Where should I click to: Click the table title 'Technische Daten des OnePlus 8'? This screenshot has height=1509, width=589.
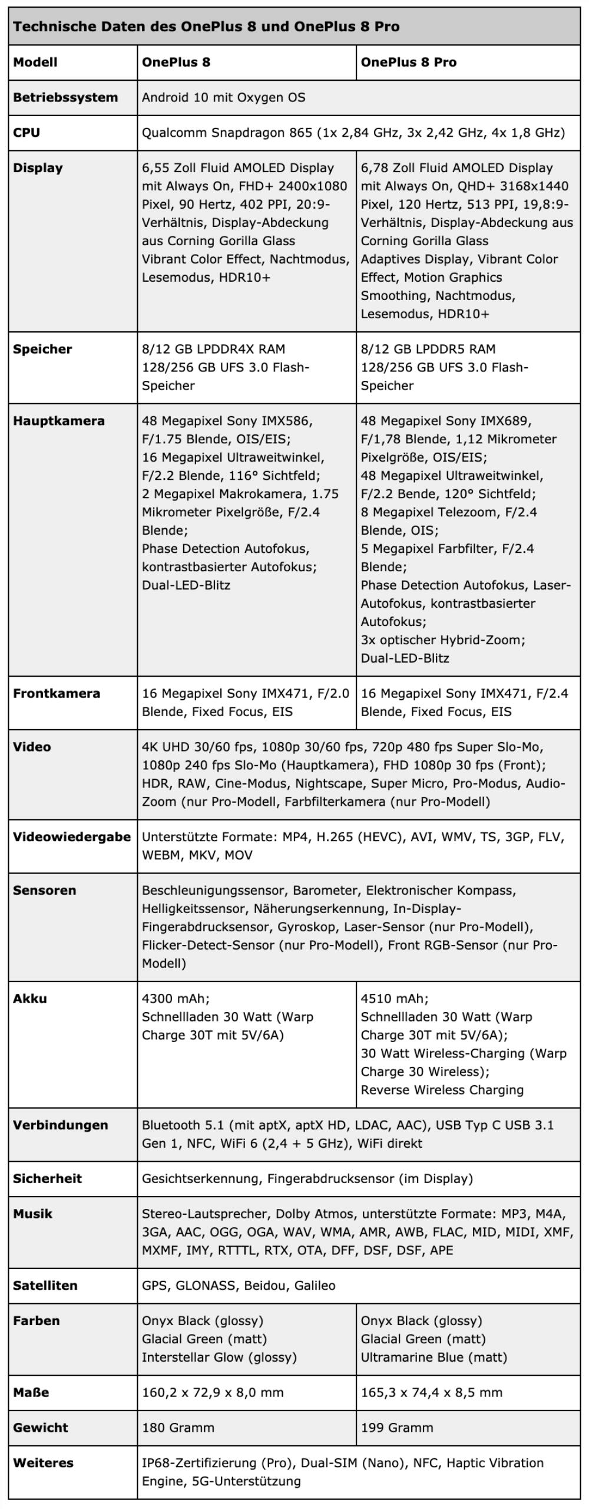click(206, 27)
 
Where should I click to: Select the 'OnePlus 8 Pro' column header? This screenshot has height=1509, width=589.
click(408, 62)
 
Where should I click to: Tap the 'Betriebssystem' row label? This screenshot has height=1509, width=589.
click(65, 97)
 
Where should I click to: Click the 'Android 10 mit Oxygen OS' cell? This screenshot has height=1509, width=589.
click(223, 97)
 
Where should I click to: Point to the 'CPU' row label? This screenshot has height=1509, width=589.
click(27, 133)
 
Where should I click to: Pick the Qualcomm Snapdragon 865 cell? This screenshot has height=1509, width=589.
click(353, 133)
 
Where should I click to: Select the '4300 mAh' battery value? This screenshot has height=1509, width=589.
click(176, 999)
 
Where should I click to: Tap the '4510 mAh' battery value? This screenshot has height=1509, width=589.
click(395, 999)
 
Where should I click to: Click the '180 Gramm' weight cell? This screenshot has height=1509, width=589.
click(178, 1428)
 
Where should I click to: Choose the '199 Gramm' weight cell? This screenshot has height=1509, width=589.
click(396, 1428)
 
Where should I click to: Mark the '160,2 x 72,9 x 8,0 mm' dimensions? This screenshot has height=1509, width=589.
click(212, 1392)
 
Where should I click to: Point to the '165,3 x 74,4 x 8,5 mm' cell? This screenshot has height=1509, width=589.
click(431, 1392)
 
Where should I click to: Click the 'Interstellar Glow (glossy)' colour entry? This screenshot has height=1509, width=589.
click(219, 1357)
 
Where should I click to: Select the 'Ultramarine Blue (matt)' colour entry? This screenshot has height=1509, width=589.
click(434, 1357)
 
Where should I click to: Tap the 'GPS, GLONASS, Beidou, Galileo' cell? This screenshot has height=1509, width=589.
click(239, 1285)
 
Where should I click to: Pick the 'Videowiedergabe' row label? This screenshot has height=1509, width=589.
click(71, 837)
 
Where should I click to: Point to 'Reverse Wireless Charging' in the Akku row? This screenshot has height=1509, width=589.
click(442, 1090)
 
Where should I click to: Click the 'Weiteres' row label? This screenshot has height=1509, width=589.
click(43, 1463)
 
